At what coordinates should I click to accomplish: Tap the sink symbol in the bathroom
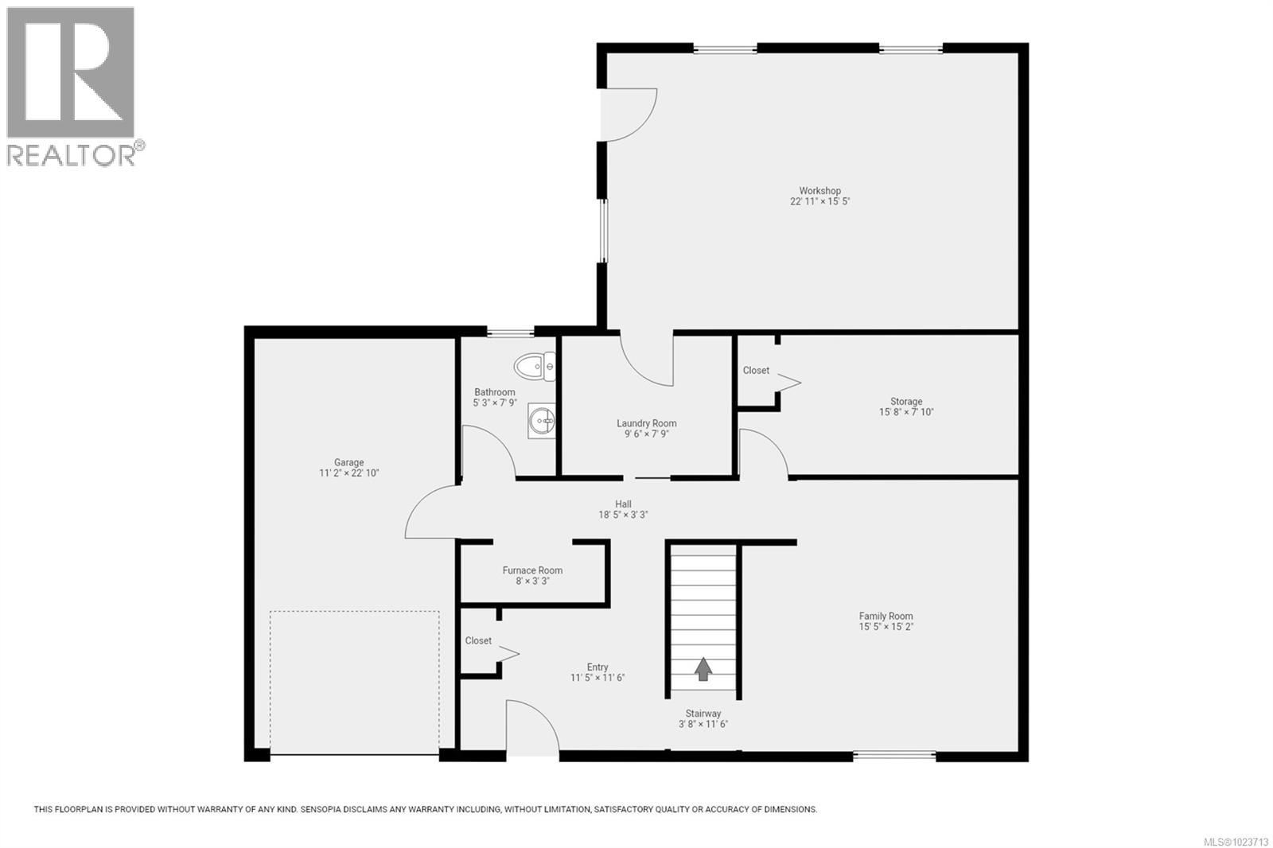(542, 420)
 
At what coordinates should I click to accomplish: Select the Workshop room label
(819, 191)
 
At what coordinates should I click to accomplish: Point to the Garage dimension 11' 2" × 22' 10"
(348, 473)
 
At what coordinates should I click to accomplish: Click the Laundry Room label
(646, 423)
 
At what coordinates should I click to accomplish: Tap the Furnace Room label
(532, 570)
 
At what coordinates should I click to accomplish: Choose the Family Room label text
(886, 616)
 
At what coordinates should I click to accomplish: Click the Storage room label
(906, 402)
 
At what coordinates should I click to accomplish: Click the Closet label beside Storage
(756, 371)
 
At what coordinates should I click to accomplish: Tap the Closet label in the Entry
(478, 640)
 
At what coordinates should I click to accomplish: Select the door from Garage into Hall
(432, 513)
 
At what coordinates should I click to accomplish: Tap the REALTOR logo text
(72, 154)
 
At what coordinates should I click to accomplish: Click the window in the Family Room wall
(895, 754)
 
